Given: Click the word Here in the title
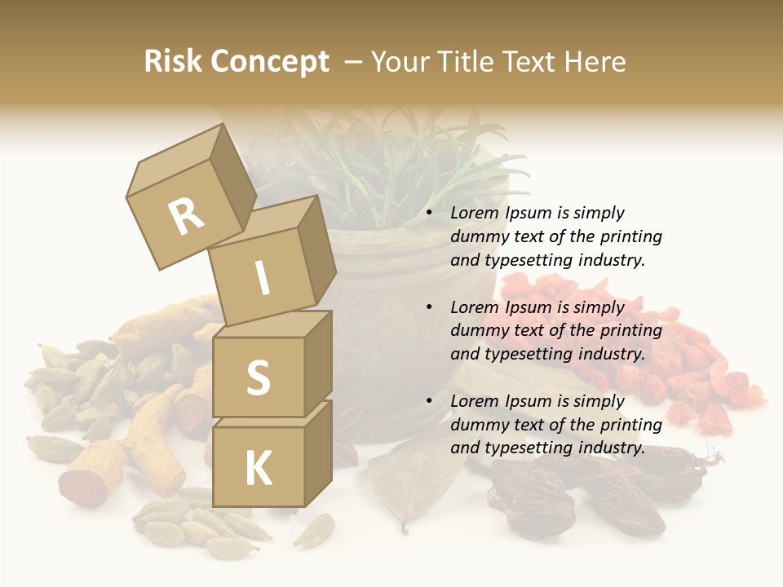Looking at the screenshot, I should [594, 62].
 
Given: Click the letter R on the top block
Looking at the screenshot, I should [186, 216].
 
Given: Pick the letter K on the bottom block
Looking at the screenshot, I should [258, 468].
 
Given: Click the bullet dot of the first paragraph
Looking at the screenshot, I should [430, 214].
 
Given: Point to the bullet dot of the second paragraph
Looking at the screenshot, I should [430, 308].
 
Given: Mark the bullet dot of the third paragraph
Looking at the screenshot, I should [430, 402].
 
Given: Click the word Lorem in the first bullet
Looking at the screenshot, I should [474, 214].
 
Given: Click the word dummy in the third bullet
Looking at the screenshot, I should [476, 425].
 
